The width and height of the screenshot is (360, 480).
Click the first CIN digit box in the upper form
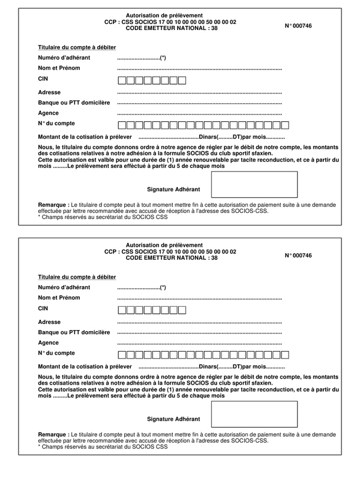[122, 80]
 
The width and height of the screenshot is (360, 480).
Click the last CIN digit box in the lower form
[182, 310]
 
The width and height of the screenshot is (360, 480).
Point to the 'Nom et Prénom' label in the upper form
[59, 68]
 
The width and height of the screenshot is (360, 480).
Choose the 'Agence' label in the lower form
[48, 343]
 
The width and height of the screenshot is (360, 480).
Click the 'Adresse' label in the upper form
[49, 92]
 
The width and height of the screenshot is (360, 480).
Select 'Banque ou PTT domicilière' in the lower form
[74, 332]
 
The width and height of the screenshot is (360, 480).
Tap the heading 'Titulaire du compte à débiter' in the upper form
[77, 47]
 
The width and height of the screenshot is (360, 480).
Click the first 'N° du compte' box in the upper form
[122, 125]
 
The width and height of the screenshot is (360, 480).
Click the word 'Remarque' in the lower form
[53, 433]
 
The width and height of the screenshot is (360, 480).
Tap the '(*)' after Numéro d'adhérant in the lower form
[163, 287]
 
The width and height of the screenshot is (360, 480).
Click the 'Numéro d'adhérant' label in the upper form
[64, 58]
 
